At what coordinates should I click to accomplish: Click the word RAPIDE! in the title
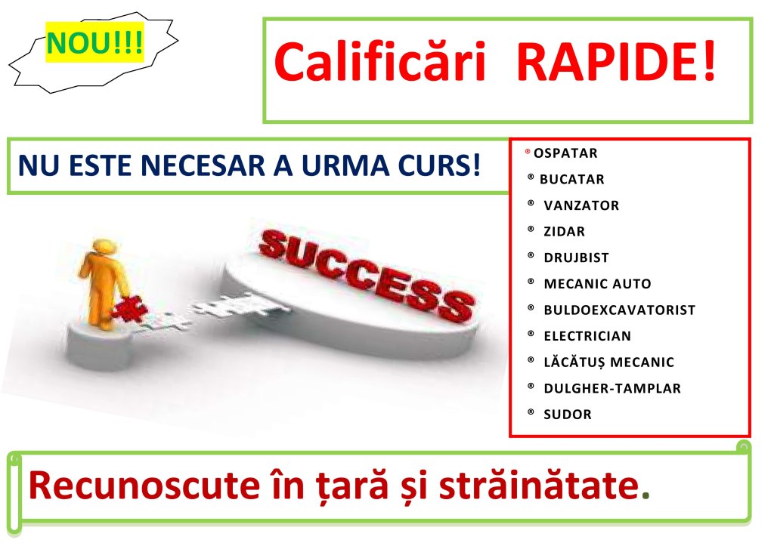(617, 62)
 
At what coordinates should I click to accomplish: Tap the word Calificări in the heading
(380, 62)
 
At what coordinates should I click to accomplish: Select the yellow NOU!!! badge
(94, 42)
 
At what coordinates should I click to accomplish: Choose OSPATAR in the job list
(565, 153)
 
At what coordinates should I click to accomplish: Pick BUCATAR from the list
(571, 180)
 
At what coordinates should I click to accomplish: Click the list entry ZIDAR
(564, 232)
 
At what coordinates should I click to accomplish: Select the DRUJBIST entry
(576, 258)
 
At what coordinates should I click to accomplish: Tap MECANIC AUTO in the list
(597, 284)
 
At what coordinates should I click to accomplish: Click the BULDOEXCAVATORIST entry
(620, 310)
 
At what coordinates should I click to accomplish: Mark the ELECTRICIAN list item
(587, 336)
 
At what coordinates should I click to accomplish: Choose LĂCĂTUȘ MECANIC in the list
(608, 362)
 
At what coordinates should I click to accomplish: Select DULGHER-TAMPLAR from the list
(612, 389)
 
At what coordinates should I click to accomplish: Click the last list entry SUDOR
(567, 415)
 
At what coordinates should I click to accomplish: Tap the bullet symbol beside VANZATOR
(531, 203)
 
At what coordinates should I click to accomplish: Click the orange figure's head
(104, 247)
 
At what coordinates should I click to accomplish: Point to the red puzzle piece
(129, 310)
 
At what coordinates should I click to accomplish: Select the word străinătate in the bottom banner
(539, 486)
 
